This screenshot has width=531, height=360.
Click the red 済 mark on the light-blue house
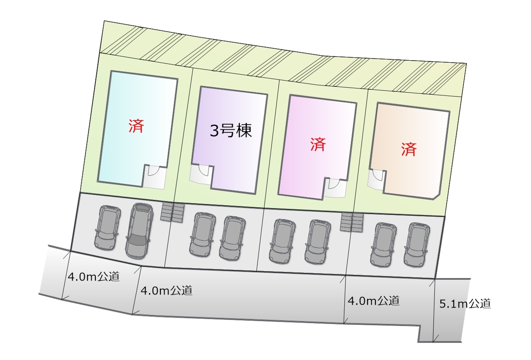tap(136, 126)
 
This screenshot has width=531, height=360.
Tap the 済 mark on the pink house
tap(318, 144)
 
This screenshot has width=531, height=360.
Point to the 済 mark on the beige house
tap(409, 149)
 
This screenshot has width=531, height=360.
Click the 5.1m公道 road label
tap(465, 304)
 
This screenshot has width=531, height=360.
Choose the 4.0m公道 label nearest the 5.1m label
tap(373, 301)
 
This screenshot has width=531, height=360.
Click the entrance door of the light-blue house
tap(154, 175)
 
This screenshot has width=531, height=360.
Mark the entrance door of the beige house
tap(377, 178)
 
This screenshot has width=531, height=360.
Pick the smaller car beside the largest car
tap(107, 228)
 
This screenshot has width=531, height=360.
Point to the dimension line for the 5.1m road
tap(434, 309)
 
